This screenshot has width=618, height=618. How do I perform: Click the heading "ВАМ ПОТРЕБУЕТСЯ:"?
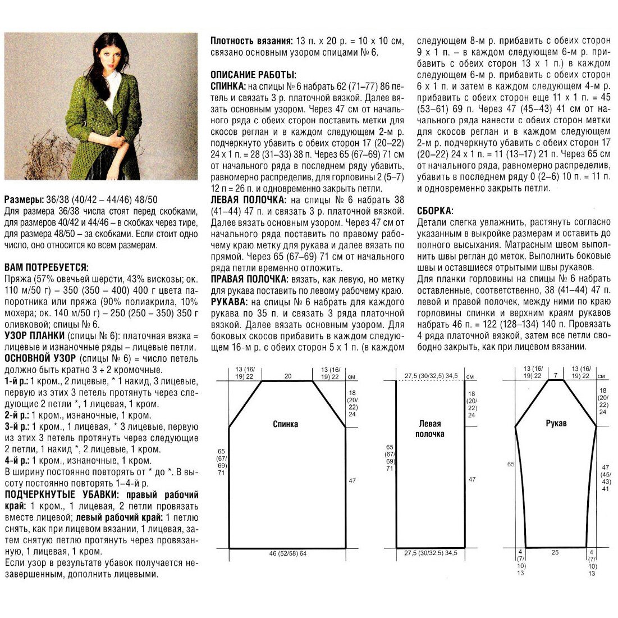tap(46, 267)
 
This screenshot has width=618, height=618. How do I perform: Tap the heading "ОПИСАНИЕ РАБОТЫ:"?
tap(253, 75)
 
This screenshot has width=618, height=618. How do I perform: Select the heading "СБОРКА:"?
tap(435, 211)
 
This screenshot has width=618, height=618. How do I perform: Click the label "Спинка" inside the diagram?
tap(286, 424)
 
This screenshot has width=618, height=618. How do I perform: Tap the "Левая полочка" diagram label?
tap(429, 429)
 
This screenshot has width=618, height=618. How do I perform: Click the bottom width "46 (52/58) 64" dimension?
tap(288, 554)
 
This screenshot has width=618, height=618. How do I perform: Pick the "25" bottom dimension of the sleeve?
tap(555, 553)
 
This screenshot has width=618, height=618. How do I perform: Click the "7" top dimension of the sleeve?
tap(555, 374)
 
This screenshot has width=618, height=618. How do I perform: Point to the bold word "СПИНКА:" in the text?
tap(228, 87)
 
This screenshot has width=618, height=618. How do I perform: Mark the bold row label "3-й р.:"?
tap(16, 427)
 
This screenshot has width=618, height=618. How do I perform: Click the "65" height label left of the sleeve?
tap(511, 465)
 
